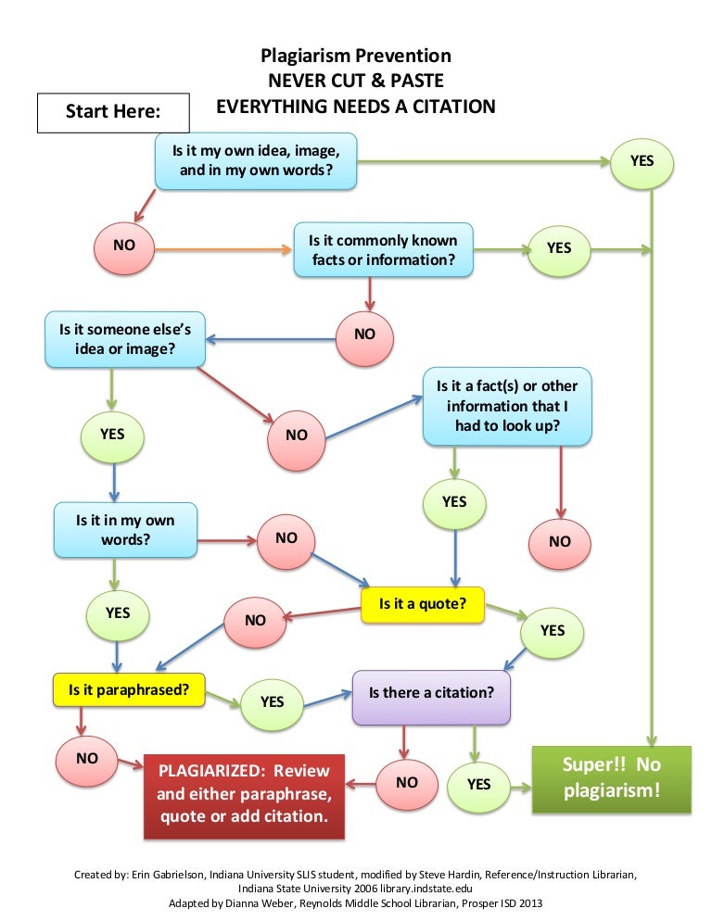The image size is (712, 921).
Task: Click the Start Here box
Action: (x=113, y=112)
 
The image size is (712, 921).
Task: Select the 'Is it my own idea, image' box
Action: (x=255, y=160)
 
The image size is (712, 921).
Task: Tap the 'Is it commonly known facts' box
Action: (x=383, y=249)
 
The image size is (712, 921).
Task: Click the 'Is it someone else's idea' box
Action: (x=125, y=339)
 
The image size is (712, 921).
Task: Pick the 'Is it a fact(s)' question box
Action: (x=506, y=407)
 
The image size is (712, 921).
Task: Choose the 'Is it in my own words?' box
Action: (x=125, y=530)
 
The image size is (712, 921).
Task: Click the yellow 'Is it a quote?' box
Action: (x=422, y=604)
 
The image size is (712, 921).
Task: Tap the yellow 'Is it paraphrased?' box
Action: (x=129, y=688)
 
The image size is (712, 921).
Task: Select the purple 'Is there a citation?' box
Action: (x=431, y=692)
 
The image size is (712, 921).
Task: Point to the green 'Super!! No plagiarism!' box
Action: (x=611, y=778)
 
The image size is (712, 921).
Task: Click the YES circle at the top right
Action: (x=642, y=160)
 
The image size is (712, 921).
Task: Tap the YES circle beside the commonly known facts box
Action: (x=559, y=248)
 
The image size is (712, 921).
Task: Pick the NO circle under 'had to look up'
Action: (x=560, y=541)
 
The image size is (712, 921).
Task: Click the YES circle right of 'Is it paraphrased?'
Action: (x=272, y=701)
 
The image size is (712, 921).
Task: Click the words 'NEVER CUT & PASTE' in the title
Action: (x=356, y=81)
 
